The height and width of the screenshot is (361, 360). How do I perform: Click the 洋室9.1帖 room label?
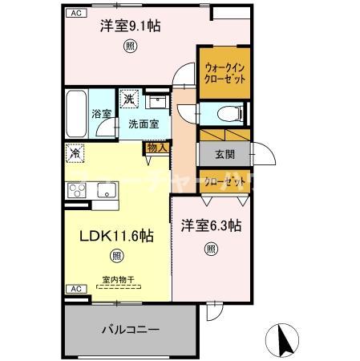[130, 26]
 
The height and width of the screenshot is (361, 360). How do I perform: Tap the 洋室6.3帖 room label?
[211, 227]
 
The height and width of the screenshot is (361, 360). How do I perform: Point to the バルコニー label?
[130, 329]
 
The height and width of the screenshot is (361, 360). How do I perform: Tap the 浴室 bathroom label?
[100, 115]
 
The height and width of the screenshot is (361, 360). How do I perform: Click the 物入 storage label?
[156, 147]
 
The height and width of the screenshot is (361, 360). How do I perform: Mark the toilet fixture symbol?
[227, 113]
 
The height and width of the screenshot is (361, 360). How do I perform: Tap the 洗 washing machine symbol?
[129, 99]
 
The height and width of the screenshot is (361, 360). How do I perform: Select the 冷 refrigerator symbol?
[75, 151]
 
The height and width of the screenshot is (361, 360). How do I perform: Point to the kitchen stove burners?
[78, 190]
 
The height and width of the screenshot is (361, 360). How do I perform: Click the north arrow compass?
[283, 340]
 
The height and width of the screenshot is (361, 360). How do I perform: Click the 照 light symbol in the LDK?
[117, 257]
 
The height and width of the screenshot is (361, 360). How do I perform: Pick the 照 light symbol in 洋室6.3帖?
[211, 248]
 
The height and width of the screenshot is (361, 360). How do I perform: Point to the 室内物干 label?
[117, 280]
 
